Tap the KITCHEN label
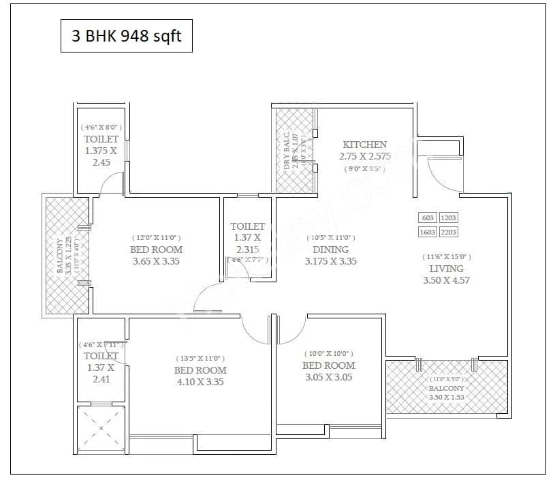pos(364,145)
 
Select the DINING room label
pos(331,250)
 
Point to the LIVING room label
pos(447,268)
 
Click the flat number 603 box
pos(428,218)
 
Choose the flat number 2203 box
pos(449,232)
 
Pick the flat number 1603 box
pos(428,232)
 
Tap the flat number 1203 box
pos(449,218)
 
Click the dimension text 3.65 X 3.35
pos(156,261)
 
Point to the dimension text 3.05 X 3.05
pos(328,377)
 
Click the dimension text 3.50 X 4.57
pos(446,280)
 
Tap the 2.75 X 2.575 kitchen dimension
pos(365,156)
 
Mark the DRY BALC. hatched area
pos(295,151)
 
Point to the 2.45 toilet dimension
pos(101,162)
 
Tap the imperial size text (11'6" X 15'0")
pos(446,256)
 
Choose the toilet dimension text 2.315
pos(247,249)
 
